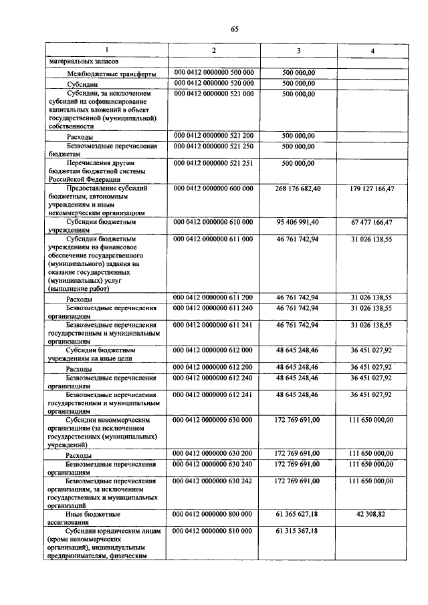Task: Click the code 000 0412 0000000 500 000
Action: [x=213, y=72]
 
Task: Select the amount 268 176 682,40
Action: [x=298, y=189]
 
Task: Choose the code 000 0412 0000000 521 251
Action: [x=213, y=162]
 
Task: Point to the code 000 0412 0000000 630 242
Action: [x=213, y=481]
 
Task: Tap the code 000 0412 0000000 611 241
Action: [x=213, y=325]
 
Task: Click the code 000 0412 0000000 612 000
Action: [x=213, y=350]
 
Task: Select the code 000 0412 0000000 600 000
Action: [x=213, y=189]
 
